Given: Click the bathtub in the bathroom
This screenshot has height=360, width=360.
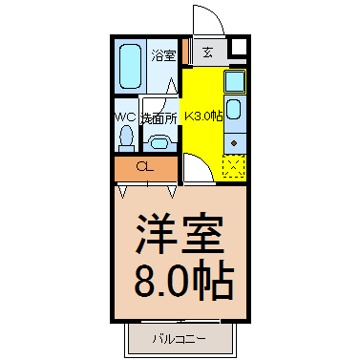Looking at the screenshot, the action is pyautogui.click(x=130, y=66).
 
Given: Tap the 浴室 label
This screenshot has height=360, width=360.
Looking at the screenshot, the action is pyautogui.click(x=163, y=55).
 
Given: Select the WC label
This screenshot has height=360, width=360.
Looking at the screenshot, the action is pyautogui.click(x=126, y=117).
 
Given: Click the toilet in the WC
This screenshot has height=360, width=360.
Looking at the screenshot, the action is pyautogui.click(x=127, y=138).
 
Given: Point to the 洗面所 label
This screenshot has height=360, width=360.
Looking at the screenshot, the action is pyautogui.click(x=159, y=118).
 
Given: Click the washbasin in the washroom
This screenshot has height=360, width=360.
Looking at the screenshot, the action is pyautogui.click(x=159, y=142).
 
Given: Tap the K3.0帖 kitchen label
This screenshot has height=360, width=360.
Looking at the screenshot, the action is pyautogui.click(x=203, y=116).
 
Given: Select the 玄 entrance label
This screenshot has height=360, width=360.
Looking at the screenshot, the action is pyautogui.click(x=207, y=52).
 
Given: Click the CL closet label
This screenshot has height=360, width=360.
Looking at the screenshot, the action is pyautogui.click(x=145, y=166).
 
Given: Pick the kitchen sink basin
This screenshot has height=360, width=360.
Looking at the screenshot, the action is pyautogui.click(x=235, y=110).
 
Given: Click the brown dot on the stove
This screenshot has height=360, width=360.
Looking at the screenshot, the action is pyautogui.click(x=234, y=143).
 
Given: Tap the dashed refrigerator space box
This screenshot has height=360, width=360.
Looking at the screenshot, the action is pyautogui.click(x=234, y=166).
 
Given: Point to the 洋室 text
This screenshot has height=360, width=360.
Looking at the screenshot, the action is pyautogui.click(x=180, y=235).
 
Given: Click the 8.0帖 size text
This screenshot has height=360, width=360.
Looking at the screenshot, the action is pyautogui.click(x=184, y=280).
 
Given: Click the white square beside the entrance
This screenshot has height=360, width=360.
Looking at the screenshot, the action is pyautogui.click(x=239, y=47).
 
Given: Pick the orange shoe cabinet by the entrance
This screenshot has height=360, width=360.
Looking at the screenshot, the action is pyautogui.click(x=185, y=51).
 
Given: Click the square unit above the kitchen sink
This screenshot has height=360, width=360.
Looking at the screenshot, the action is pyautogui.click(x=235, y=80).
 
